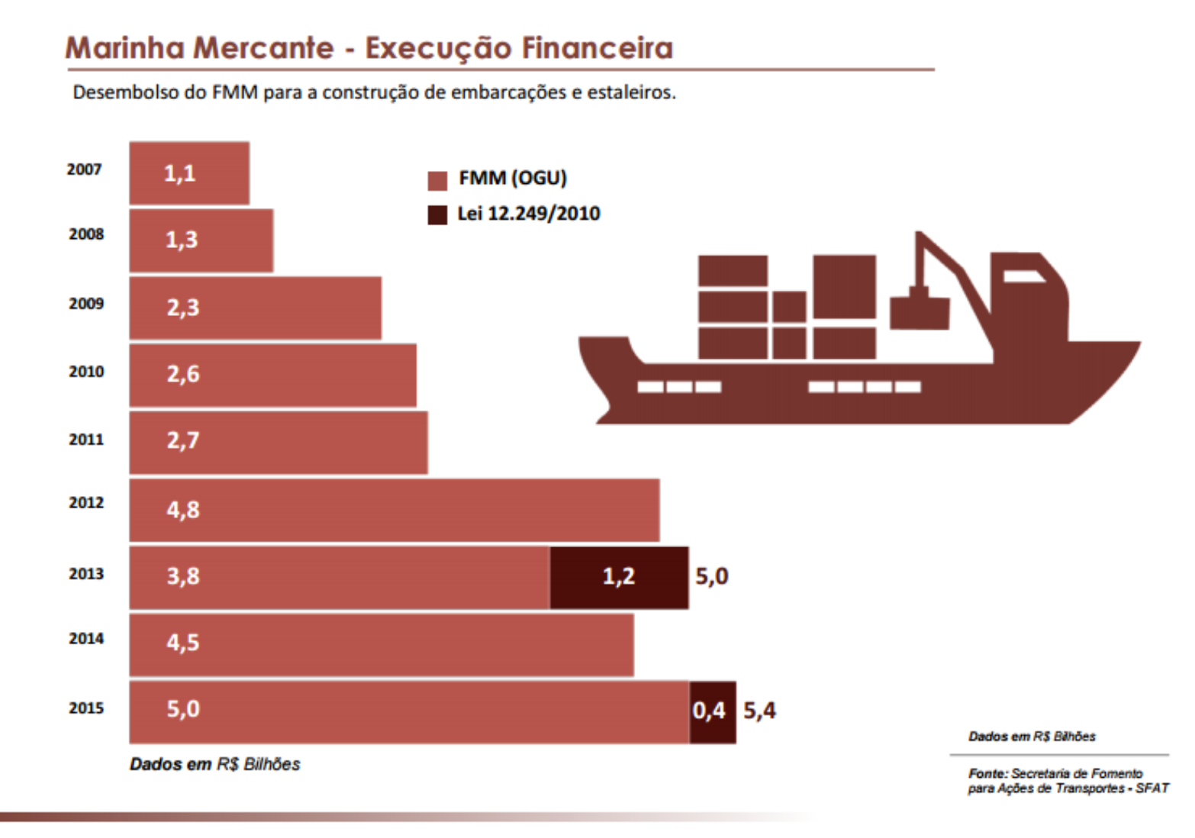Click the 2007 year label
[x=84, y=169]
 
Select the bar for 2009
[x=255, y=308]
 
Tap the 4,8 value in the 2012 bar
[x=183, y=509]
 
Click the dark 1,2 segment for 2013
[x=619, y=576]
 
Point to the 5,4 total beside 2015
[x=759, y=711]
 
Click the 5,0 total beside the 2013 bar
[x=711, y=575]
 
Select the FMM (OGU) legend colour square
[x=437, y=181]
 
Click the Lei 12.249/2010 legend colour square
[x=437, y=215]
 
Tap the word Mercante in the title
[x=263, y=48]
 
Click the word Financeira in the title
[x=597, y=48]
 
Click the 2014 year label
[x=86, y=639]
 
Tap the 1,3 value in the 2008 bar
[x=182, y=240]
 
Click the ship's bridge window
[x=1023, y=276]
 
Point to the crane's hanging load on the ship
[x=920, y=312]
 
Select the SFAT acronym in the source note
[x=1152, y=788]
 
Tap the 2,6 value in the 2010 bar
[x=183, y=374]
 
